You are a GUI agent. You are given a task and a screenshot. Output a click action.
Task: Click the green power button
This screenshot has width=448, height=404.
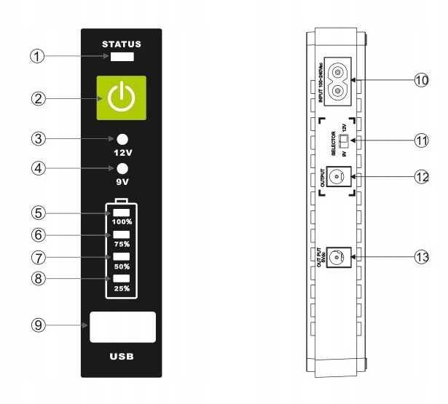point(122,98)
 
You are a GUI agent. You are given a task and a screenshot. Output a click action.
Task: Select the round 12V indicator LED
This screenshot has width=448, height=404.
point(122,140)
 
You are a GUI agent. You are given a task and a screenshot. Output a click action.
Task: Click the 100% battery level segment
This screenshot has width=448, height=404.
point(121,212)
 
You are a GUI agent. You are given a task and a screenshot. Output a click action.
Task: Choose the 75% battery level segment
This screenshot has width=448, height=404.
point(121,234)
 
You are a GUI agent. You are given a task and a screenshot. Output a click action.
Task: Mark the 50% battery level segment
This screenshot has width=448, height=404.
point(121,257)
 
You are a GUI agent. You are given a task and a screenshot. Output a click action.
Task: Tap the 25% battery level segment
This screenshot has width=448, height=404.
point(121,280)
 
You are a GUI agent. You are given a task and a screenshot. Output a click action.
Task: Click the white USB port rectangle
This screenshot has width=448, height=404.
point(122,327)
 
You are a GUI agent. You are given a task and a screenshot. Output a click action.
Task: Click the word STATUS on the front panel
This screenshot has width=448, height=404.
point(122,44)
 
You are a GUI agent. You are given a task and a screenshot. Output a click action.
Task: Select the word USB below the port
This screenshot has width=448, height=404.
point(122,357)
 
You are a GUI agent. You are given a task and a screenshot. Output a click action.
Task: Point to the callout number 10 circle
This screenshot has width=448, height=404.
point(420,80)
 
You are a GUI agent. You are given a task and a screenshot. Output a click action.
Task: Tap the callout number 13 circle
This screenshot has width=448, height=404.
point(420,257)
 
